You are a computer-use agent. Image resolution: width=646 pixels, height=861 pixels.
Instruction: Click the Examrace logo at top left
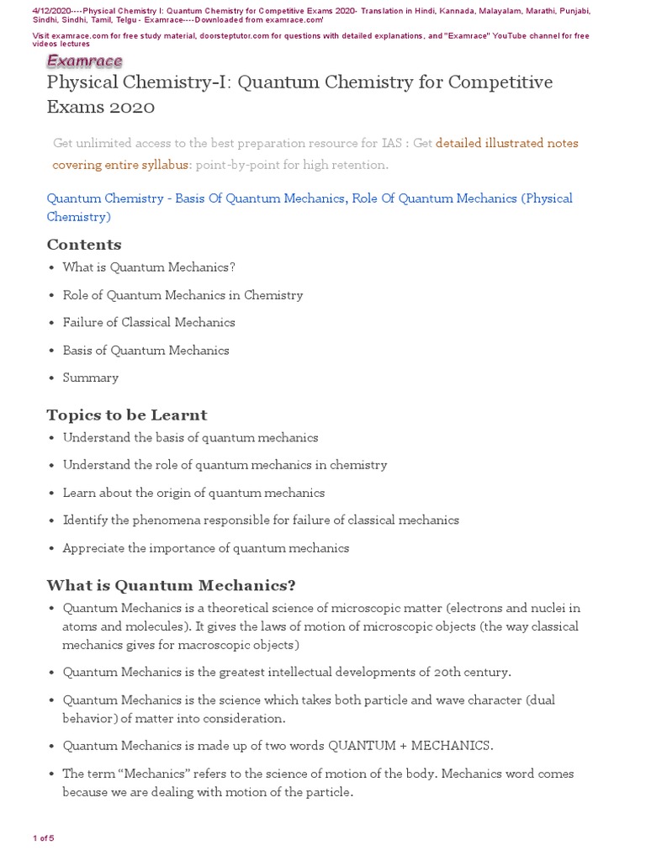tap(84, 61)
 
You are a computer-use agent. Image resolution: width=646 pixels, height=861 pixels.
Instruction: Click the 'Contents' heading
tap(84, 245)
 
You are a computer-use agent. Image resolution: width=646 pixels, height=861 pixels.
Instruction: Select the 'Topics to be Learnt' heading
tap(126, 415)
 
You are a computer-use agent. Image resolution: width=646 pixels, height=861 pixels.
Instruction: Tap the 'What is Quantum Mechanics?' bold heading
tap(171, 585)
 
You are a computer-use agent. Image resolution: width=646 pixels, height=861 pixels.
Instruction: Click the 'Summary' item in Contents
tap(90, 378)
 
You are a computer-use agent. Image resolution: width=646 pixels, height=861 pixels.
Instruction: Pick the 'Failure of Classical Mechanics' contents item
tap(149, 323)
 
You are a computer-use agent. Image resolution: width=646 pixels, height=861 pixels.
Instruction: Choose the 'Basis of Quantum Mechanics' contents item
tap(146, 351)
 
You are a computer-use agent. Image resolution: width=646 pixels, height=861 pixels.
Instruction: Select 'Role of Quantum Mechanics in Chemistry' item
tap(183, 295)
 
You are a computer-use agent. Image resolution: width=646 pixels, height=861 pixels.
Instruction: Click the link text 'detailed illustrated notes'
tap(507, 143)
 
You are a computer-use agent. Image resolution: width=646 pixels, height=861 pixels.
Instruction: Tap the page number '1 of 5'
tap(43, 838)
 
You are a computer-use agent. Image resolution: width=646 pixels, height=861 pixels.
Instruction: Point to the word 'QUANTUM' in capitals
tap(361, 746)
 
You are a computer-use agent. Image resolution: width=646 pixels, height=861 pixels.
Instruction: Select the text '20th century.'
tap(472, 672)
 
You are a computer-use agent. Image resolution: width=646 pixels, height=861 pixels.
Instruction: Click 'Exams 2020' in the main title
tap(101, 108)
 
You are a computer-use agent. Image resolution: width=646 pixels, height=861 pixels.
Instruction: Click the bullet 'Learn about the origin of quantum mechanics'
tap(193, 493)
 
